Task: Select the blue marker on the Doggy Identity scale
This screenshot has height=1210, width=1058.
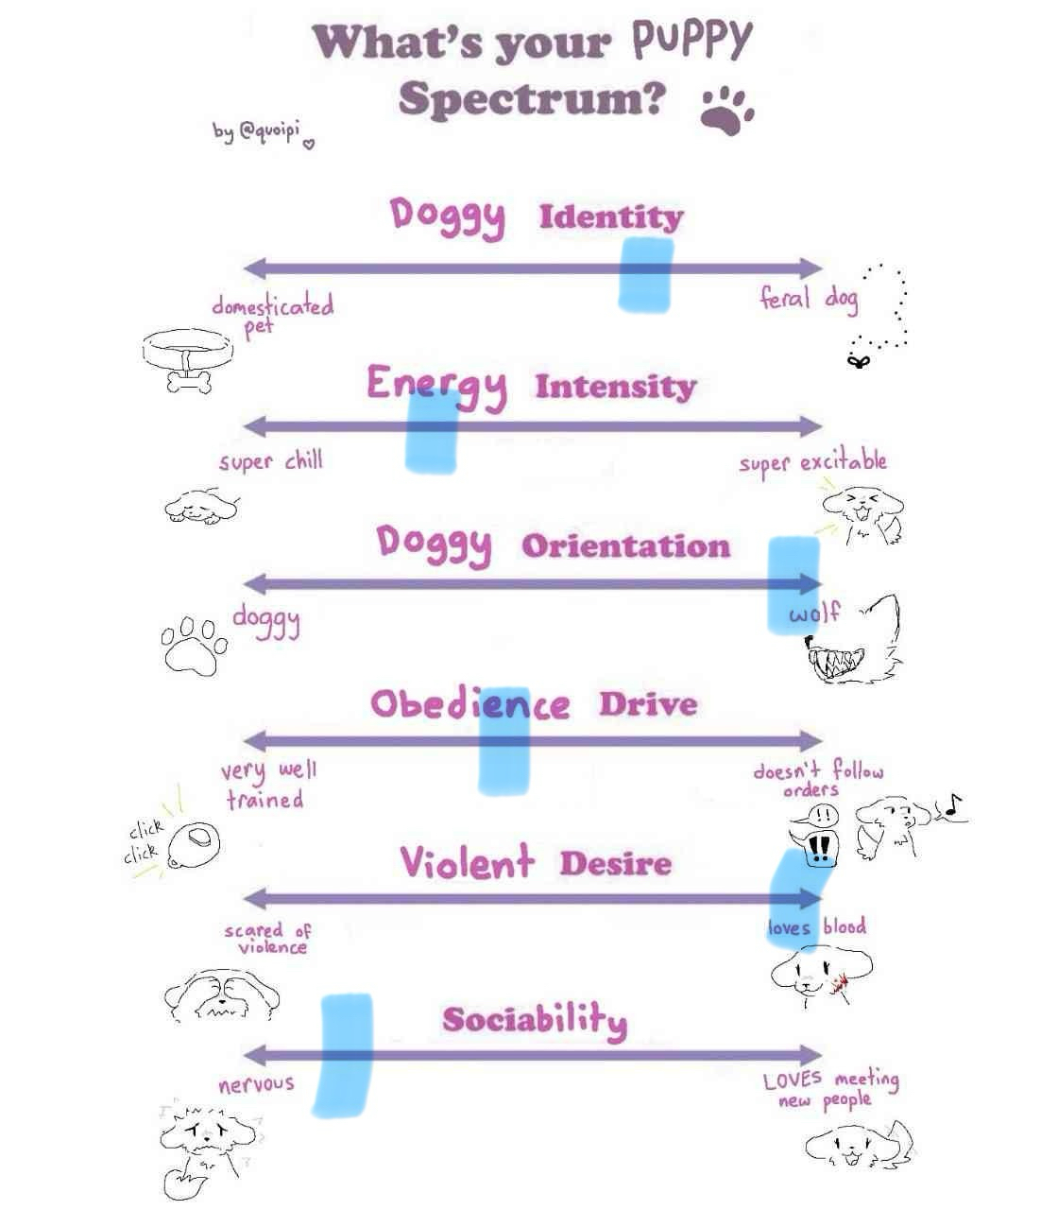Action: [646, 274]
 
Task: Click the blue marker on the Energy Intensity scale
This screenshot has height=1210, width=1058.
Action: [432, 430]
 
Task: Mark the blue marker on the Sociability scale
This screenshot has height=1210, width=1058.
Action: [342, 1054]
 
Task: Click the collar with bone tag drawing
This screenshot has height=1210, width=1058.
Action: [185, 358]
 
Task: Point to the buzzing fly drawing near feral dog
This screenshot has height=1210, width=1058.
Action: [859, 359]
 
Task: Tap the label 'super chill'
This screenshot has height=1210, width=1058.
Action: [271, 461]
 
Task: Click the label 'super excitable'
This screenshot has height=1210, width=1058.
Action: [812, 463]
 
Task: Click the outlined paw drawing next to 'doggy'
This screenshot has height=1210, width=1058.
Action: [195, 645]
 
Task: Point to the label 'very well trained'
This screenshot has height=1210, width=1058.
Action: [267, 786]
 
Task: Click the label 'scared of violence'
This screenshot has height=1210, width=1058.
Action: [268, 939]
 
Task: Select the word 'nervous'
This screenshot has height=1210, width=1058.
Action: [256, 1084]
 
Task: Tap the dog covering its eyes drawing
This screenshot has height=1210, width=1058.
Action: [221, 997]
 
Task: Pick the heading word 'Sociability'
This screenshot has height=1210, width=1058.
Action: [535, 1020]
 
